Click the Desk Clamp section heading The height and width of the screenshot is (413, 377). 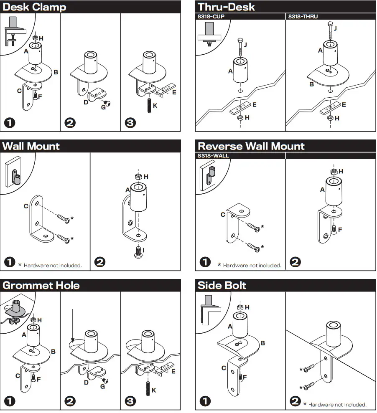click(34, 7)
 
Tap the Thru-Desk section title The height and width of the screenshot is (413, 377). click(226, 7)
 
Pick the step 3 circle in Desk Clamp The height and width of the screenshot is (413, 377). click(130, 123)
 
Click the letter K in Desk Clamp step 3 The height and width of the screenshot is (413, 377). click(155, 106)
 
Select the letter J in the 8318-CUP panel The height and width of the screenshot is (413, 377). click(245, 45)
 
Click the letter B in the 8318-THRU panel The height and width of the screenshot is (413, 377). click(311, 84)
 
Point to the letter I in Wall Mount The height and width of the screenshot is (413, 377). click(143, 250)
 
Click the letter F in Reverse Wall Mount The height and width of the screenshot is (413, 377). click(340, 229)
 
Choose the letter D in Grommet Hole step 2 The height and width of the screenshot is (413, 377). click(86, 383)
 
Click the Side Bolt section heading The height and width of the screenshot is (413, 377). click(222, 286)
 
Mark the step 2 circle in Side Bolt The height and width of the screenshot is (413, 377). click(295, 402)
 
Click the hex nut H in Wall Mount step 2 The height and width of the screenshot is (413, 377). click(139, 176)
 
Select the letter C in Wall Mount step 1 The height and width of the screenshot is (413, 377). click(26, 206)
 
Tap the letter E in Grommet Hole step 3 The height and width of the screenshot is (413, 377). click(173, 371)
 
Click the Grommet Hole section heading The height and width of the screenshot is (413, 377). click(41, 286)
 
